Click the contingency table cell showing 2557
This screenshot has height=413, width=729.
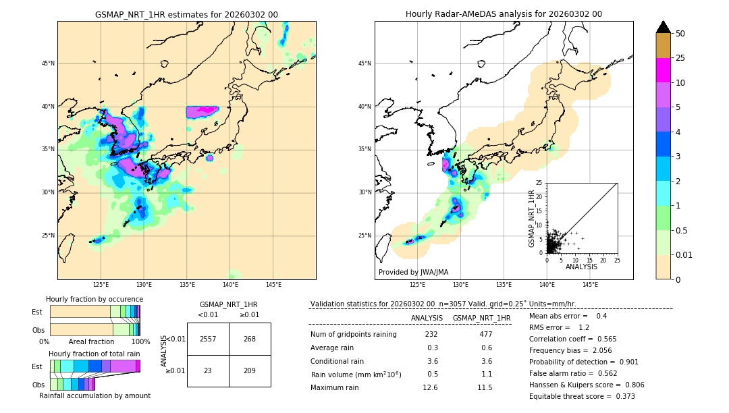208,339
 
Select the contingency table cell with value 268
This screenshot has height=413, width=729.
250,339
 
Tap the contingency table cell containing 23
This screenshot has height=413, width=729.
208,370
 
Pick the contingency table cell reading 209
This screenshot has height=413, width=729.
250,370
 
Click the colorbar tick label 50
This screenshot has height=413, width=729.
680,34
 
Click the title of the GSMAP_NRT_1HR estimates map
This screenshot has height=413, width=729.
186,14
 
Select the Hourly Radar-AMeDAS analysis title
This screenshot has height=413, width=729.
504,14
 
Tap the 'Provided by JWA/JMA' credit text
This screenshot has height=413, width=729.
413,273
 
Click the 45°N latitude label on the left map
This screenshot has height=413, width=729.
48,63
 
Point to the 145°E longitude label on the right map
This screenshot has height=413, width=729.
590,285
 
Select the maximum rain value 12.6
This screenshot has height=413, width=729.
430,387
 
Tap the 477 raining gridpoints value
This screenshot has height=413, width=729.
485,334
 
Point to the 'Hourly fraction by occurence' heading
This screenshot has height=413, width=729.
94,299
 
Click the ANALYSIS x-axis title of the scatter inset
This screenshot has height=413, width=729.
581,267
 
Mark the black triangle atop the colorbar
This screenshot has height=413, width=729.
664,27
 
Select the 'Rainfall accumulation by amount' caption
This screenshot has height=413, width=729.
94,395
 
